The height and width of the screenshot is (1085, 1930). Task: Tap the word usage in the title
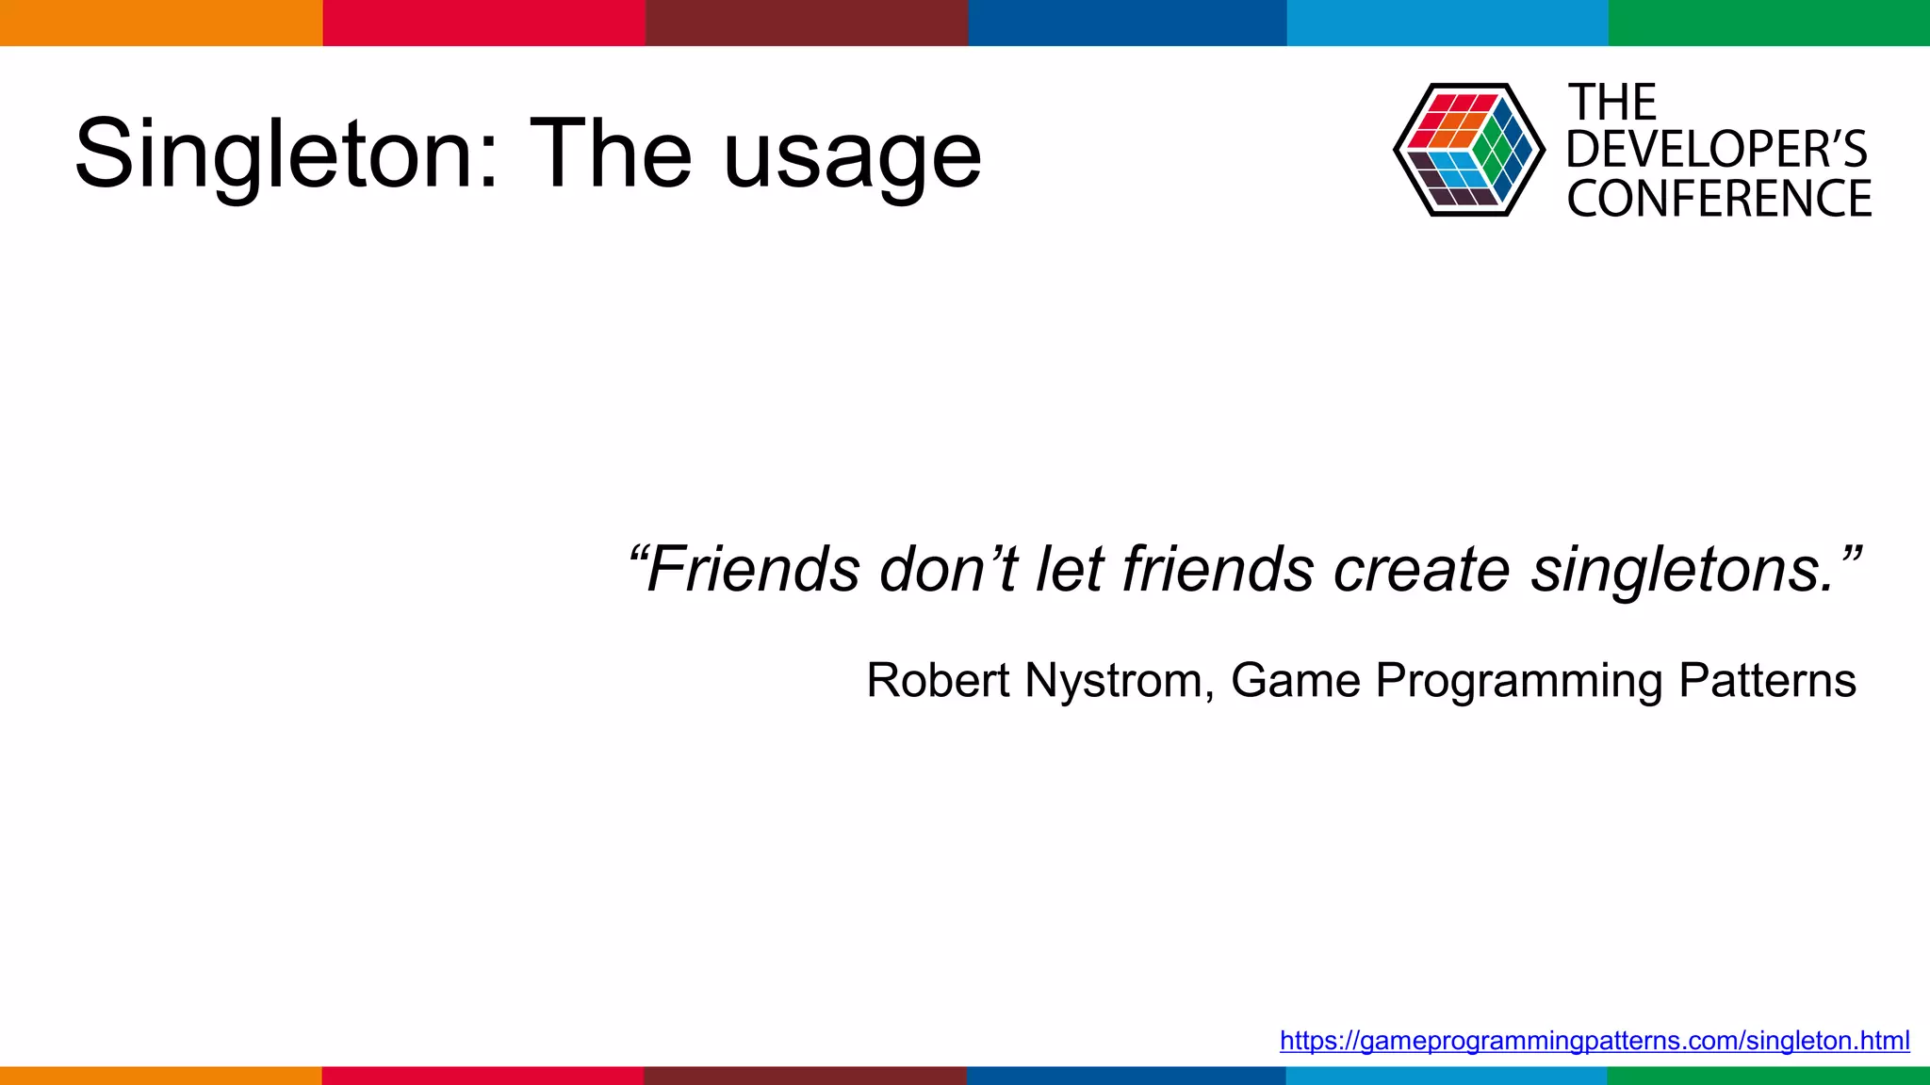pyautogui.click(x=852, y=155)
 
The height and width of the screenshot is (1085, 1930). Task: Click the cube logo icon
pyautogui.click(x=1468, y=150)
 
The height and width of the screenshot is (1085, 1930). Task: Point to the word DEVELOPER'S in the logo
pyautogui.click(x=1716, y=150)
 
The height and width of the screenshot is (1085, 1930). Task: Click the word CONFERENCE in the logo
pyautogui.click(x=1719, y=199)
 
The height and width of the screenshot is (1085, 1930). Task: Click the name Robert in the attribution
pyautogui.click(x=938, y=680)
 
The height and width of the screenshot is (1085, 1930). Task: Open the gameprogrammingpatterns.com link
pyautogui.click(x=1595, y=1041)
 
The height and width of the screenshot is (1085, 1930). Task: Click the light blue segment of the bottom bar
pyautogui.click(x=1447, y=1076)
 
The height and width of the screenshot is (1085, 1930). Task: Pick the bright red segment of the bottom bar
pyautogui.click(x=482, y=1076)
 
